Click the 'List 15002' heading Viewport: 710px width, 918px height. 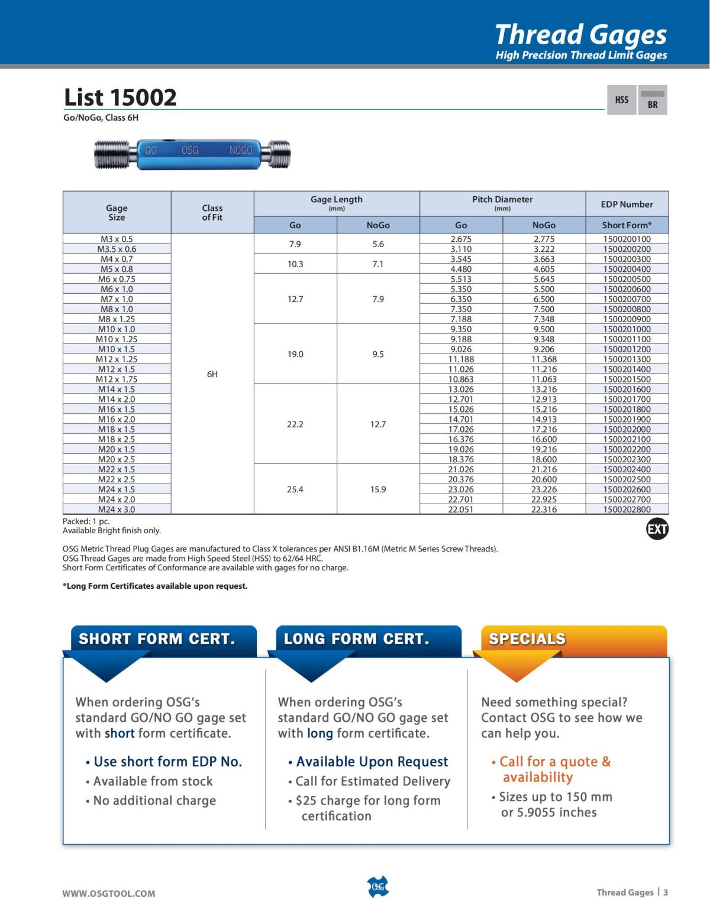[x=120, y=97]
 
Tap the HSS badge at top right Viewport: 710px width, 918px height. [x=621, y=100]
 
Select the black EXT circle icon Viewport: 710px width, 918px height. [x=657, y=529]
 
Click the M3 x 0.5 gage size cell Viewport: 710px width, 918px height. [x=117, y=239]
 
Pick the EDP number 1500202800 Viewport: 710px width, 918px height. [x=627, y=509]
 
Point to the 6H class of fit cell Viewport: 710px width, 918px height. [x=212, y=374]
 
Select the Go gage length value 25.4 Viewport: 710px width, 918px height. [x=295, y=489]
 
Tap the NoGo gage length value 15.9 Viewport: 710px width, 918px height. [x=378, y=489]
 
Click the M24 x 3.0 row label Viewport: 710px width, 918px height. [x=117, y=509]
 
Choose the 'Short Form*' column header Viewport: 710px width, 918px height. [x=627, y=225]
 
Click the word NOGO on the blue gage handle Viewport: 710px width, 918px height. [x=241, y=150]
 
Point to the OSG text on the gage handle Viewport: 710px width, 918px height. [x=190, y=150]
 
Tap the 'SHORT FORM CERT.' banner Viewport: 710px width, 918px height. [x=157, y=639]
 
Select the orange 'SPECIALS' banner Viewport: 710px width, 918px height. [x=527, y=639]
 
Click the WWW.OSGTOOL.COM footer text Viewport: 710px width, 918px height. [x=109, y=893]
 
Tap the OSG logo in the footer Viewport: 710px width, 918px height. [x=378, y=887]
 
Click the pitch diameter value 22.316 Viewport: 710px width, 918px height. [x=544, y=509]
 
